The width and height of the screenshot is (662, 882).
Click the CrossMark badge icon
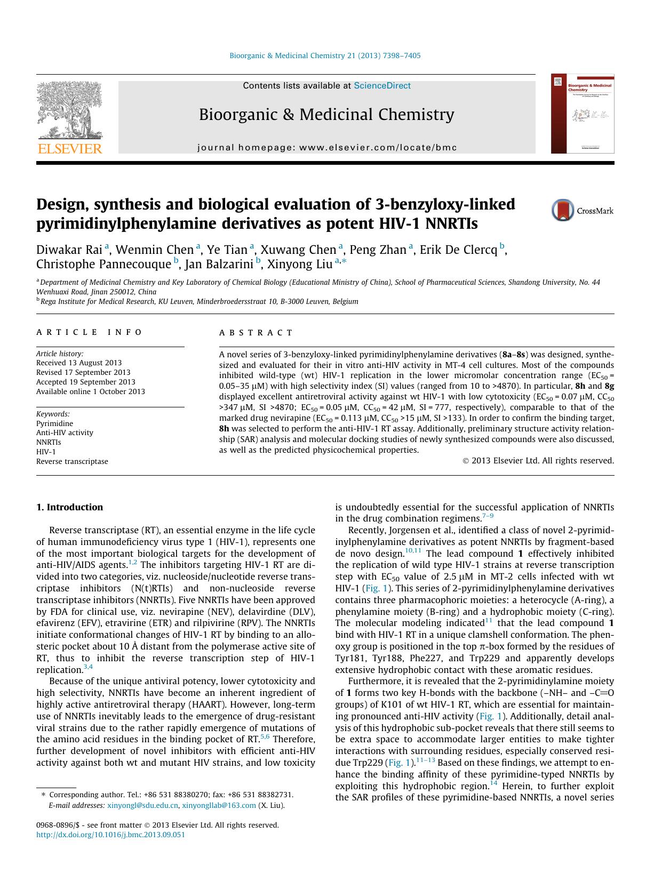point(562,210)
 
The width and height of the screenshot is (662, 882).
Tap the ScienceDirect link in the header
point(382,86)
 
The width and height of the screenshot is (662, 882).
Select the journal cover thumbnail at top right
point(583,114)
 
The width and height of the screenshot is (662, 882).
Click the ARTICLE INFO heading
point(89,332)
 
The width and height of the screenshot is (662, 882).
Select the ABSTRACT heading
point(256,333)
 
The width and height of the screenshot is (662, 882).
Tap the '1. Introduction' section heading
point(69,507)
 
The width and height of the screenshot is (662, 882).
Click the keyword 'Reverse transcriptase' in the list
point(72,461)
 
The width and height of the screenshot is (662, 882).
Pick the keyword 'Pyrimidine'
point(54,423)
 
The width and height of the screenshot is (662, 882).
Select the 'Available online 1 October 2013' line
point(90,391)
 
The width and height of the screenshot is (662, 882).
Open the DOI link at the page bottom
point(110,835)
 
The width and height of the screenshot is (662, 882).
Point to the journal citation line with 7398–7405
point(324,55)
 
